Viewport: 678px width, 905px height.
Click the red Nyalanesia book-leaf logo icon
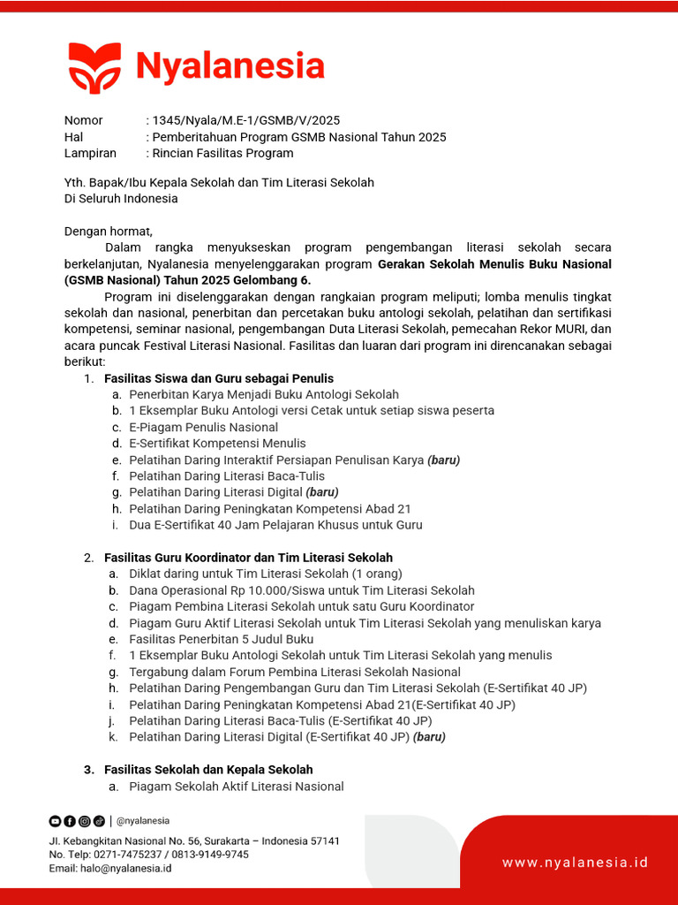click(x=94, y=67)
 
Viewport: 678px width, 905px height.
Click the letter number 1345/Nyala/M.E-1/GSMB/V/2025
click(x=246, y=120)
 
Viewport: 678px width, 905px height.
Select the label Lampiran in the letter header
click(x=90, y=153)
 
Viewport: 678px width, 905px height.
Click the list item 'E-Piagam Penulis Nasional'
click(x=203, y=427)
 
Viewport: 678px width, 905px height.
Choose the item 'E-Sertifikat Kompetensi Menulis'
click(x=217, y=444)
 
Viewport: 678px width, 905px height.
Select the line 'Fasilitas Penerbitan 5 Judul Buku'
click(x=221, y=639)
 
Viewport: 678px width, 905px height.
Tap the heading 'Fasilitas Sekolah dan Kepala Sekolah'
click(x=208, y=770)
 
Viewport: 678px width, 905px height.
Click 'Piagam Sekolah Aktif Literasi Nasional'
click(x=236, y=787)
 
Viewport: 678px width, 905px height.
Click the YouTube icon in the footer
click(x=55, y=821)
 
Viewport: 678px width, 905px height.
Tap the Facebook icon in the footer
click(x=70, y=821)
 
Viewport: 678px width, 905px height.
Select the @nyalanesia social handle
click(x=143, y=821)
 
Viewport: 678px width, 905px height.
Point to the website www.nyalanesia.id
click(x=576, y=862)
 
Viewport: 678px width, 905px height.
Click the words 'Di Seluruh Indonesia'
click(x=121, y=199)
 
